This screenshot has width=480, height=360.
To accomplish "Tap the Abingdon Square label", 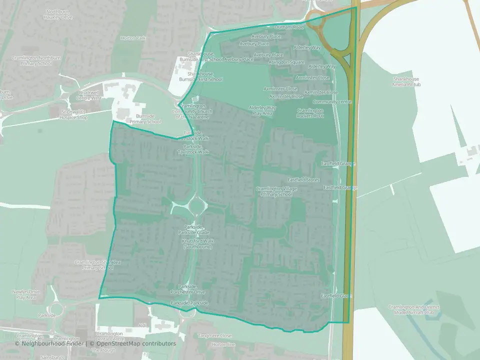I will click(286, 62).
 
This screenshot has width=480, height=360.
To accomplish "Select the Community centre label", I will click(335, 101).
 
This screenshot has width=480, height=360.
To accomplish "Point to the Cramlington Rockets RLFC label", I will click(310, 113).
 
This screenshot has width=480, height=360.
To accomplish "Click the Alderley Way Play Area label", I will click(262, 110).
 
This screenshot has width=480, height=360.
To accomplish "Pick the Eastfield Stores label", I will click(303, 179).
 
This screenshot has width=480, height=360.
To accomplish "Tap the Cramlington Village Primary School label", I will click(276, 191).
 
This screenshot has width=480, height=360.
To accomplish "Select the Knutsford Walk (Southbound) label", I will click(197, 243).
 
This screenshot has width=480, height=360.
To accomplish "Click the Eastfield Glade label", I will click(336, 296).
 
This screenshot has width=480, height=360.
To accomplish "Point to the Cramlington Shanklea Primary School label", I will click(94, 265).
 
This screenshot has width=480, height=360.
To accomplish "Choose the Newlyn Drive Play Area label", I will click(26, 294).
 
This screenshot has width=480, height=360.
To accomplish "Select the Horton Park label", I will click(133, 38).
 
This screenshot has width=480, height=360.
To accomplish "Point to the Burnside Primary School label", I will click(145, 119).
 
